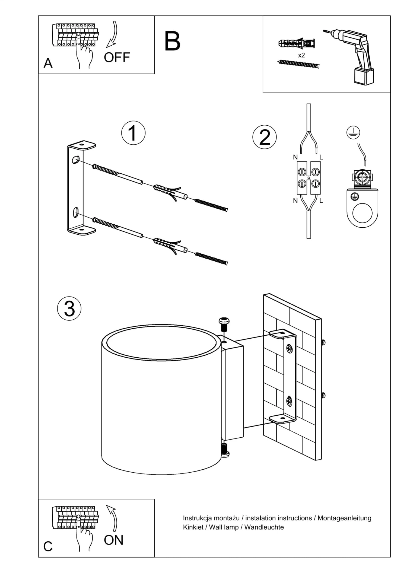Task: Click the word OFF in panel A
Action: [x=117, y=58]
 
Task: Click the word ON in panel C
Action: [x=113, y=540]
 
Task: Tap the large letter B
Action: [x=172, y=41]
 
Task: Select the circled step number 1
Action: [x=133, y=133]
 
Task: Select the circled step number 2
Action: [x=265, y=137]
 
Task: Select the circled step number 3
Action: [x=69, y=308]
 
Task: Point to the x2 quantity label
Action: [x=301, y=55]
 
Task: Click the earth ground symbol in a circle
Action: [x=353, y=133]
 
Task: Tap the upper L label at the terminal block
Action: [x=321, y=157]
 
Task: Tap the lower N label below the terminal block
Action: [x=295, y=201]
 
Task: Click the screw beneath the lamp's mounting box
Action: [x=225, y=451]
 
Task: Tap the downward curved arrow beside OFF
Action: [x=113, y=34]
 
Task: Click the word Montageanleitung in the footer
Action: [x=344, y=518]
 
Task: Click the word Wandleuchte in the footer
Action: [x=264, y=527]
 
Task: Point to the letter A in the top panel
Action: [x=48, y=63]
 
